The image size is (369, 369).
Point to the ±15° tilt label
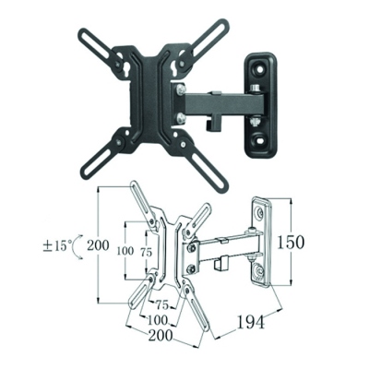[58, 246]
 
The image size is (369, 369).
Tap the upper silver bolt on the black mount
[180, 89]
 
